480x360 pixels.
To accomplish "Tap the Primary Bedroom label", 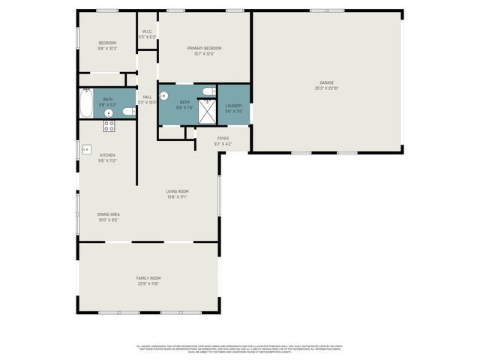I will (x=204, y=49).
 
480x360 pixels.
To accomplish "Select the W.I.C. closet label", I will (x=148, y=31).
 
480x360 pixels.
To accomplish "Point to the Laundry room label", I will (x=234, y=106).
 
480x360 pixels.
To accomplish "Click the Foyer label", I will (x=223, y=138).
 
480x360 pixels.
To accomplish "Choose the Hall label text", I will (x=147, y=97).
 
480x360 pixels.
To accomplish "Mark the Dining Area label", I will (x=109, y=214).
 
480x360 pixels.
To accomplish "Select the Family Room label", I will (x=148, y=278).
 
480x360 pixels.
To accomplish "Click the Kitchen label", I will (x=108, y=155).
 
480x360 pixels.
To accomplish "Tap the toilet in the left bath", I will (x=129, y=112).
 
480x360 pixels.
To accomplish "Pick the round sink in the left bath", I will (x=109, y=113).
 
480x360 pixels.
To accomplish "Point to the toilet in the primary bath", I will (x=208, y=91).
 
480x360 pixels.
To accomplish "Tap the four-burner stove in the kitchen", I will (x=109, y=126).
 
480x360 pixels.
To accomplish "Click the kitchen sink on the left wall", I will (x=85, y=148).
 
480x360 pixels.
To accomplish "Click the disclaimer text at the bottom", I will (x=239, y=349).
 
